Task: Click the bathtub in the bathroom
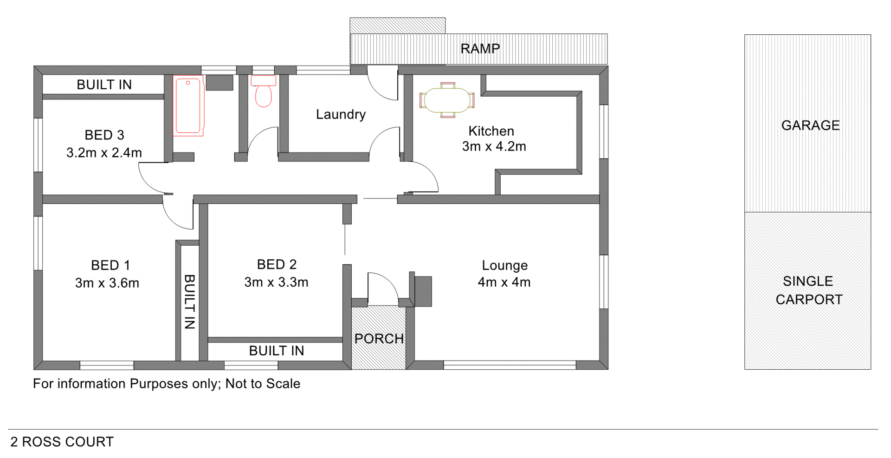click(x=188, y=106)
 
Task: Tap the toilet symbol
click(x=264, y=92)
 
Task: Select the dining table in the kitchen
click(x=447, y=100)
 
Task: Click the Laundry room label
click(x=341, y=114)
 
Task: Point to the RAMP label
click(x=480, y=49)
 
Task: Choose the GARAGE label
click(x=810, y=125)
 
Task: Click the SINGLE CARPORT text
click(x=809, y=290)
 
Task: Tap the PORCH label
click(x=379, y=339)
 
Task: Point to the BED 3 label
click(x=104, y=135)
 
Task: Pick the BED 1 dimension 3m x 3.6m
click(x=107, y=283)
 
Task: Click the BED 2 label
click(x=277, y=264)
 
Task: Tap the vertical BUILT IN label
click(x=189, y=302)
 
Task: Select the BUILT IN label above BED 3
click(x=104, y=85)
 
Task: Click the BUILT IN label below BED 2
click(x=277, y=351)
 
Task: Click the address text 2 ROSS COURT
click(x=62, y=442)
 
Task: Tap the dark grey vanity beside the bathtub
click(x=220, y=83)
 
